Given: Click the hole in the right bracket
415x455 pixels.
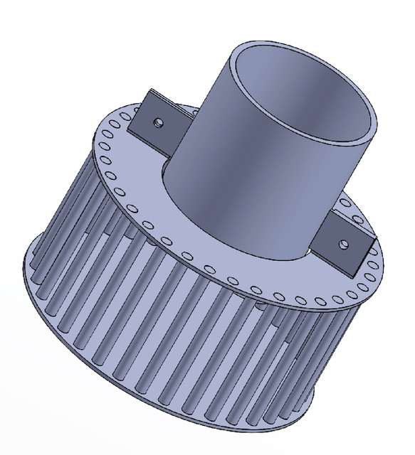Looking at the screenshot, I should pyautogui.click(x=345, y=243).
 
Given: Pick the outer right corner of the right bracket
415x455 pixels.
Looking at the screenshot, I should pyautogui.click(x=372, y=245).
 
